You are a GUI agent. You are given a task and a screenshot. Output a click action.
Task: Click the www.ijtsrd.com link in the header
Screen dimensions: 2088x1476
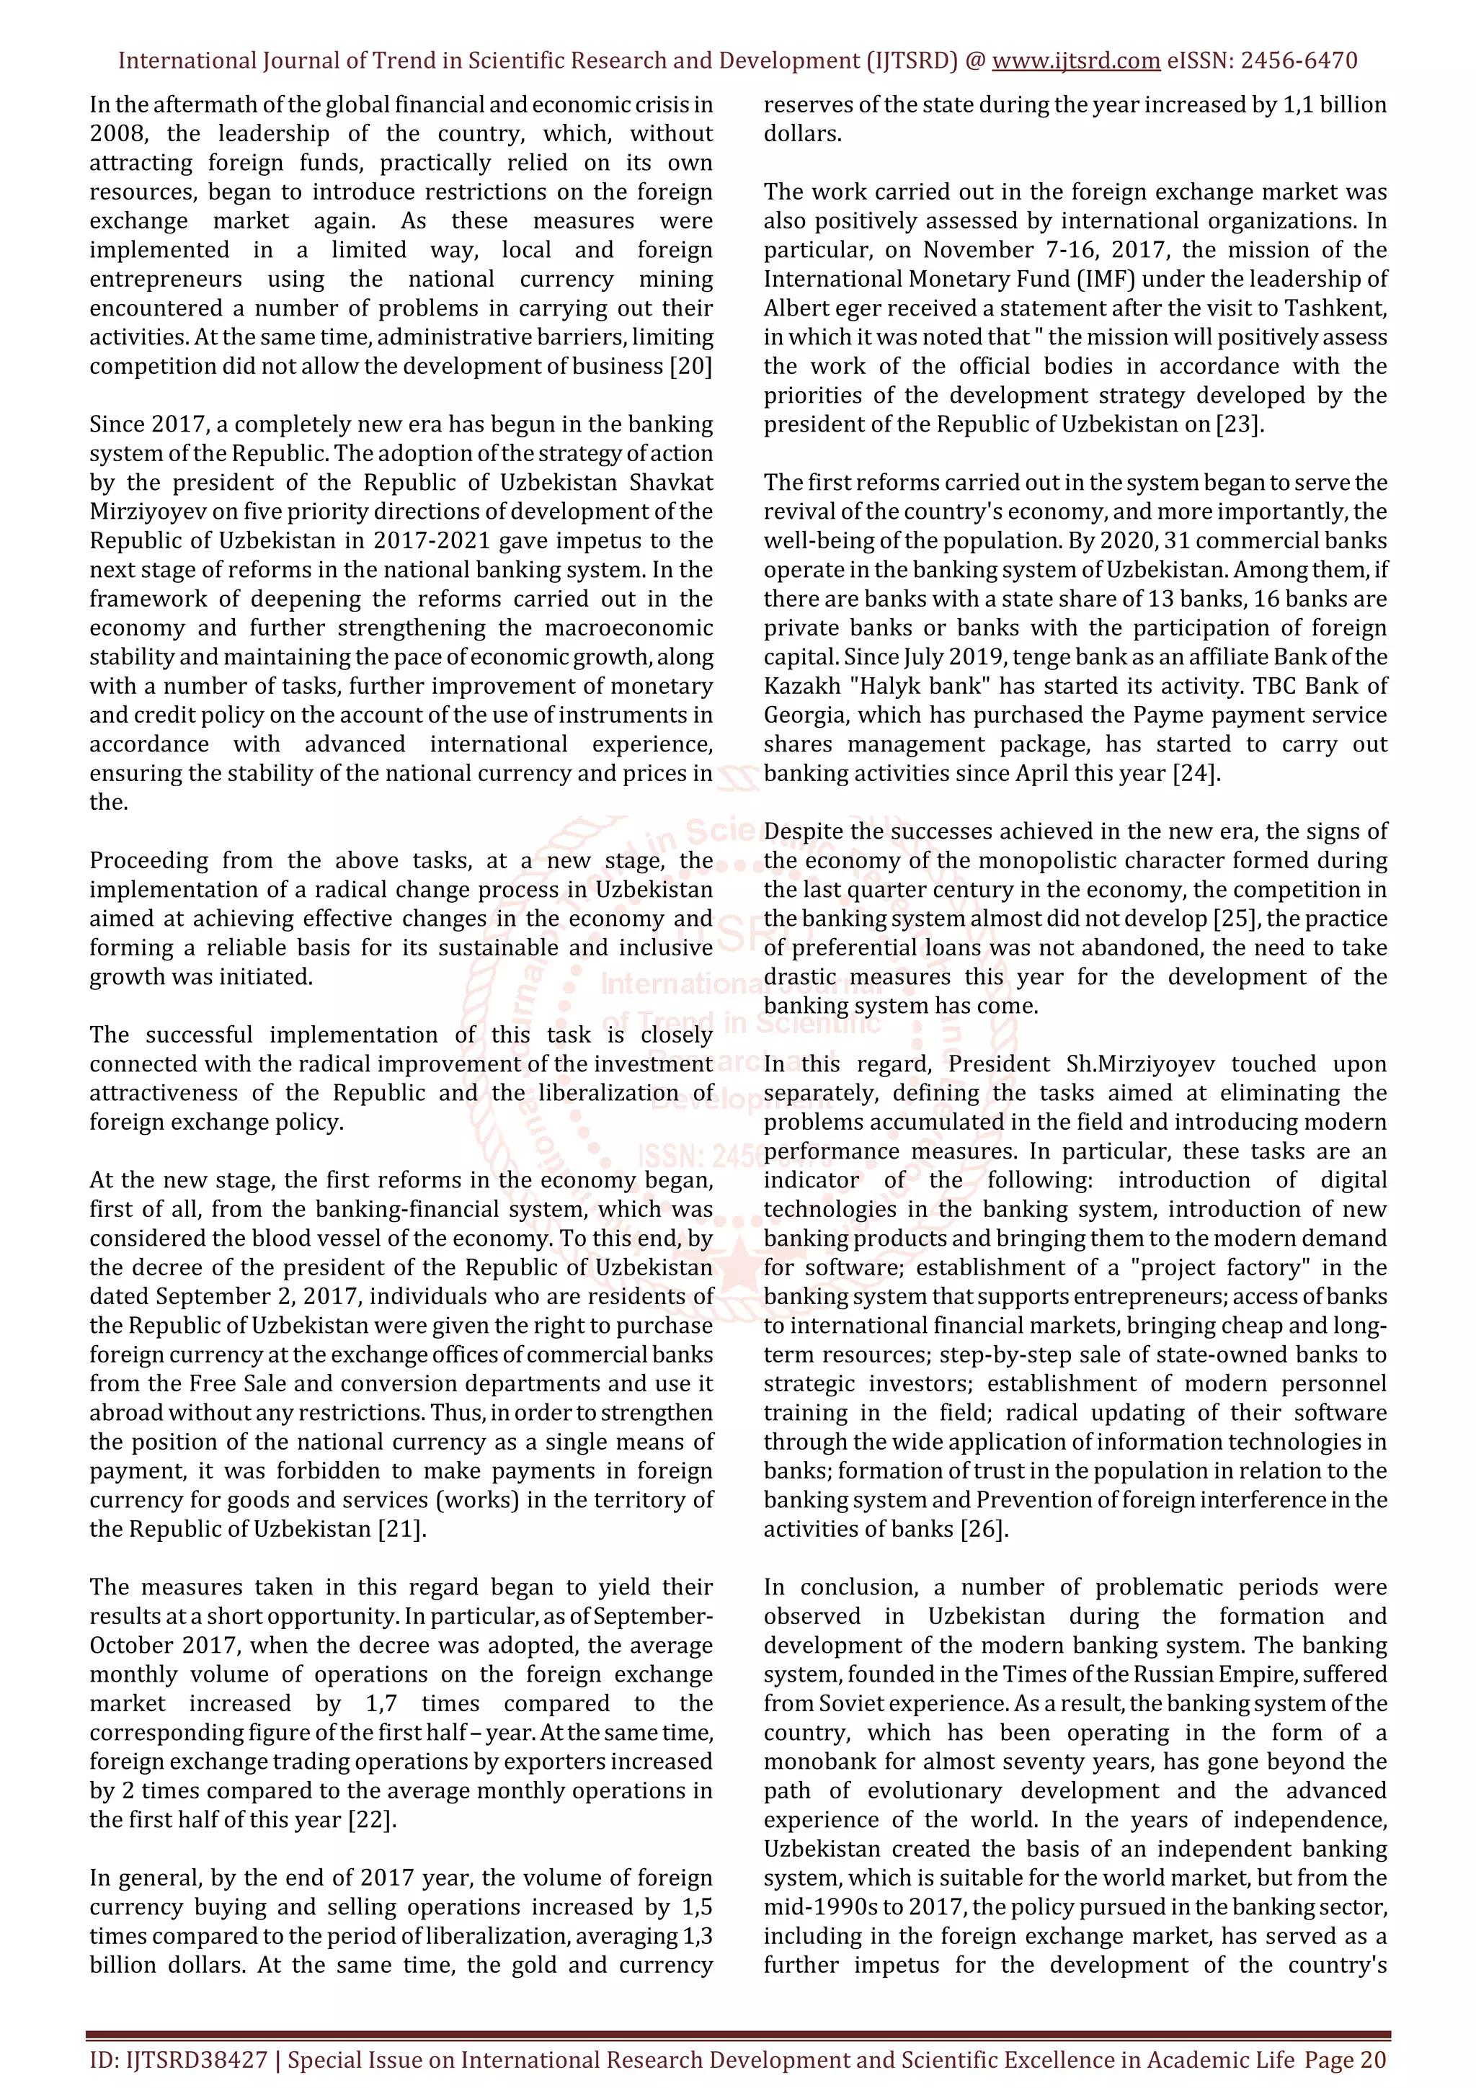tap(1075, 61)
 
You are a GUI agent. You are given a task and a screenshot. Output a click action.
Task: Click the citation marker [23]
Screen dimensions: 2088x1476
tap(1240, 424)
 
